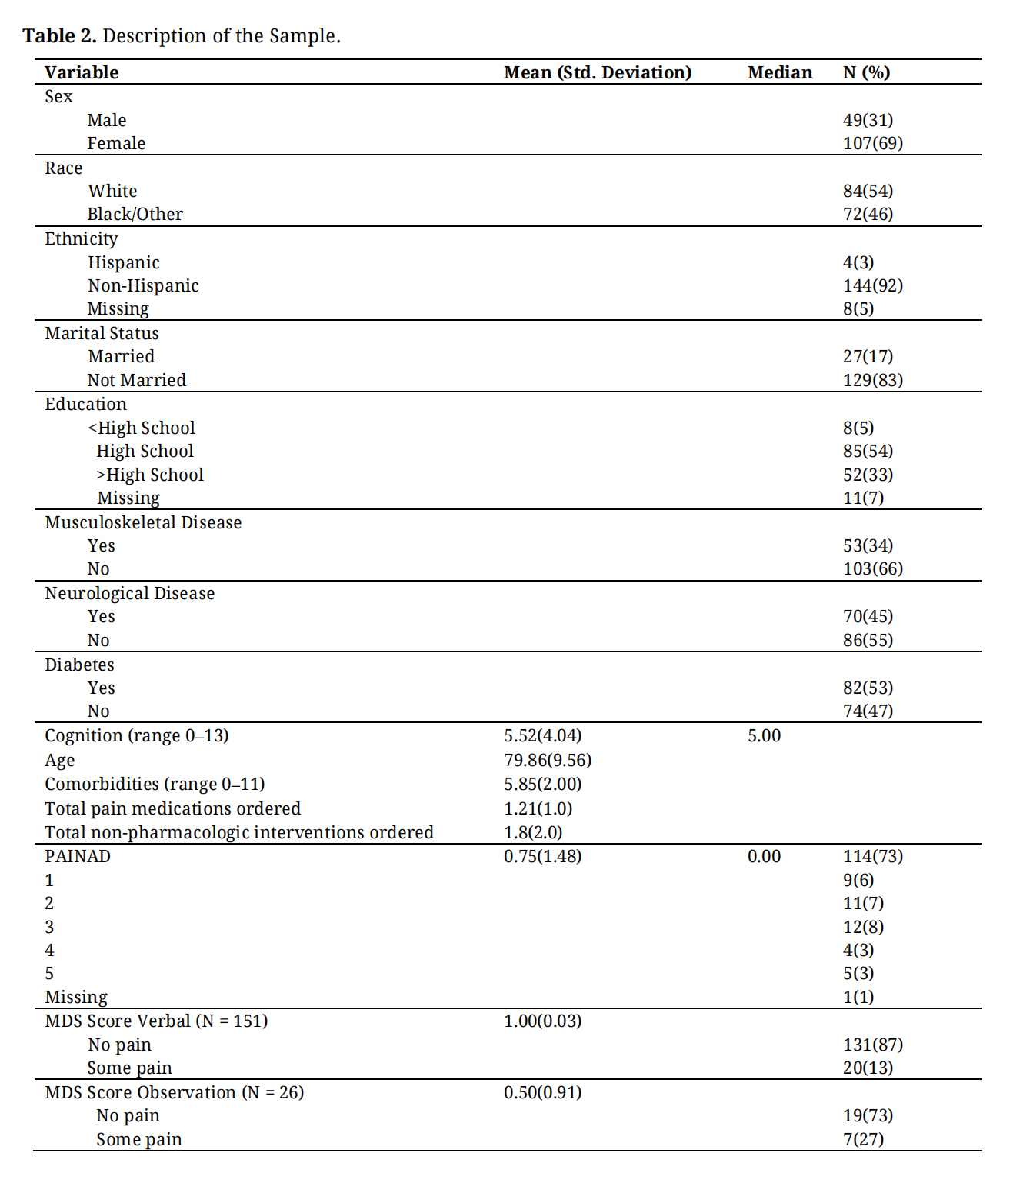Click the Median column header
pyautogui.click(x=779, y=72)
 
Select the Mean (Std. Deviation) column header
pyautogui.click(x=598, y=72)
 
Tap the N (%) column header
pyautogui.click(x=866, y=72)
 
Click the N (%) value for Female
pyautogui.click(x=872, y=143)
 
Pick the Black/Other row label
pyautogui.click(x=135, y=214)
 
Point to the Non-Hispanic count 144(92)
pyautogui.click(x=872, y=285)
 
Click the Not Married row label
pyautogui.click(x=136, y=380)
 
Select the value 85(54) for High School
pyautogui.click(x=868, y=451)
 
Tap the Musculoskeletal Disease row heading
pyautogui.click(x=143, y=522)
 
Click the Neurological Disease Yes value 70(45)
pyautogui.click(x=868, y=616)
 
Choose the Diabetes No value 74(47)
pyautogui.click(x=868, y=711)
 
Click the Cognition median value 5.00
pyautogui.click(x=764, y=735)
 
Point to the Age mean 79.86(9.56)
pyautogui.click(x=548, y=760)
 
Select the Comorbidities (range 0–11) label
pyautogui.click(x=155, y=784)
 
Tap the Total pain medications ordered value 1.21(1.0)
pyautogui.click(x=538, y=808)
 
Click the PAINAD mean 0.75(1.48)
pyautogui.click(x=542, y=856)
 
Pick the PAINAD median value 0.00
pyautogui.click(x=764, y=856)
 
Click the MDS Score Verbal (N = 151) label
pyautogui.click(x=156, y=1021)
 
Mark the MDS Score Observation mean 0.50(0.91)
pyautogui.click(x=542, y=1092)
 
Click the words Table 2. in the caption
pyautogui.click(x=59, y=35)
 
